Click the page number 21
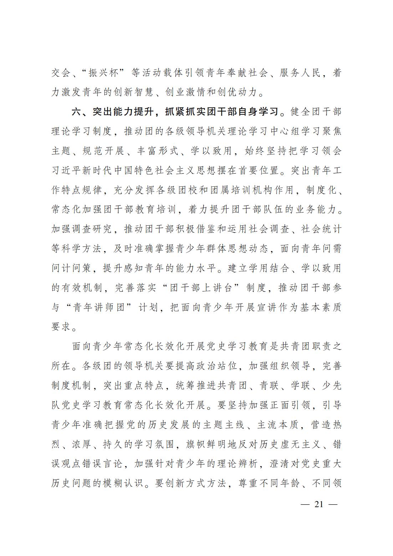(319, 504)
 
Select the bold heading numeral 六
(77, 112)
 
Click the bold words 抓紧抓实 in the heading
(185, 112)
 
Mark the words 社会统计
(321, 229)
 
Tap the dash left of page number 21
(305, 504)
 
